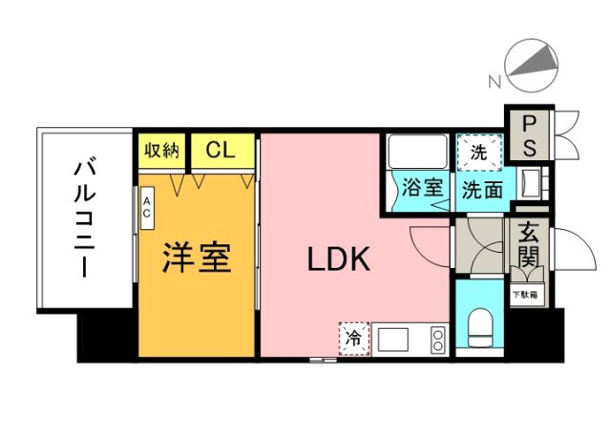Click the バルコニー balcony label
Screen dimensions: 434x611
point(83,219)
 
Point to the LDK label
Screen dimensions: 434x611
point(337,258)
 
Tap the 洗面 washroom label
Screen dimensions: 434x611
point(482,189)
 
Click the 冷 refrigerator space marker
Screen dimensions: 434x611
point(352,339)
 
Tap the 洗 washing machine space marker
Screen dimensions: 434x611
point(476,151)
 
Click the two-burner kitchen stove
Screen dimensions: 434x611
point(437,339)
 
